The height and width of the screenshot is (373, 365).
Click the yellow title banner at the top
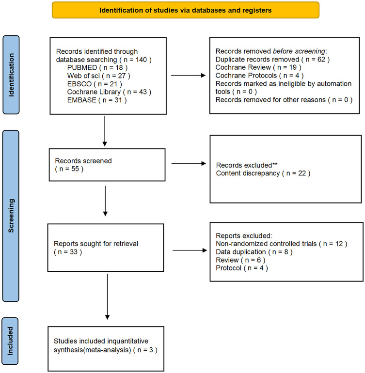coord(186,10)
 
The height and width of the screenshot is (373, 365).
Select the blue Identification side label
coord(11,75)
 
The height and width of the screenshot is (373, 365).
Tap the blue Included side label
coord(10,341)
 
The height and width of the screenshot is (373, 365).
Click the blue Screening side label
coord(11,216)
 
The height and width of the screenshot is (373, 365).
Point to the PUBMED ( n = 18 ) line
coord(97,67)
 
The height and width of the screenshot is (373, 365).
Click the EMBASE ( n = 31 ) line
coord(97,100)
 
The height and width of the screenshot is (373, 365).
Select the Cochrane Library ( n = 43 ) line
coord(109,92)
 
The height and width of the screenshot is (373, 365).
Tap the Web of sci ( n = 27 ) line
coord(98,76)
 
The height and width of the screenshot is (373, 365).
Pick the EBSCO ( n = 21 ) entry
coord(95,84)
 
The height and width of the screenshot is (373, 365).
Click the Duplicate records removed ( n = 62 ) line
coord(272,59)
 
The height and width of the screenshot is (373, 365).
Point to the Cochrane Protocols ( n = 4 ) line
coord(259,76)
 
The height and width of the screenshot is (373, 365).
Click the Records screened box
coord(107,165)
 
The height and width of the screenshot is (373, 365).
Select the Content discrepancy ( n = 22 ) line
coord(263,173)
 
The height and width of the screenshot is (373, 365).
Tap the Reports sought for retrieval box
coord(106,248)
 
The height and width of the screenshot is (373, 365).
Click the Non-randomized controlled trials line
coord(282,244)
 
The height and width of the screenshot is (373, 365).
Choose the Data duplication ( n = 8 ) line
coord(254,252)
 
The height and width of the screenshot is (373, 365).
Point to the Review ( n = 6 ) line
coord(240,260)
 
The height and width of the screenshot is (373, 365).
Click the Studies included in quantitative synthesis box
coord(106,349)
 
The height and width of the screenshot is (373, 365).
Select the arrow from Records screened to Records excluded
coord(189,163)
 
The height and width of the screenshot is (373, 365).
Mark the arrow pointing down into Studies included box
coord(108,297)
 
